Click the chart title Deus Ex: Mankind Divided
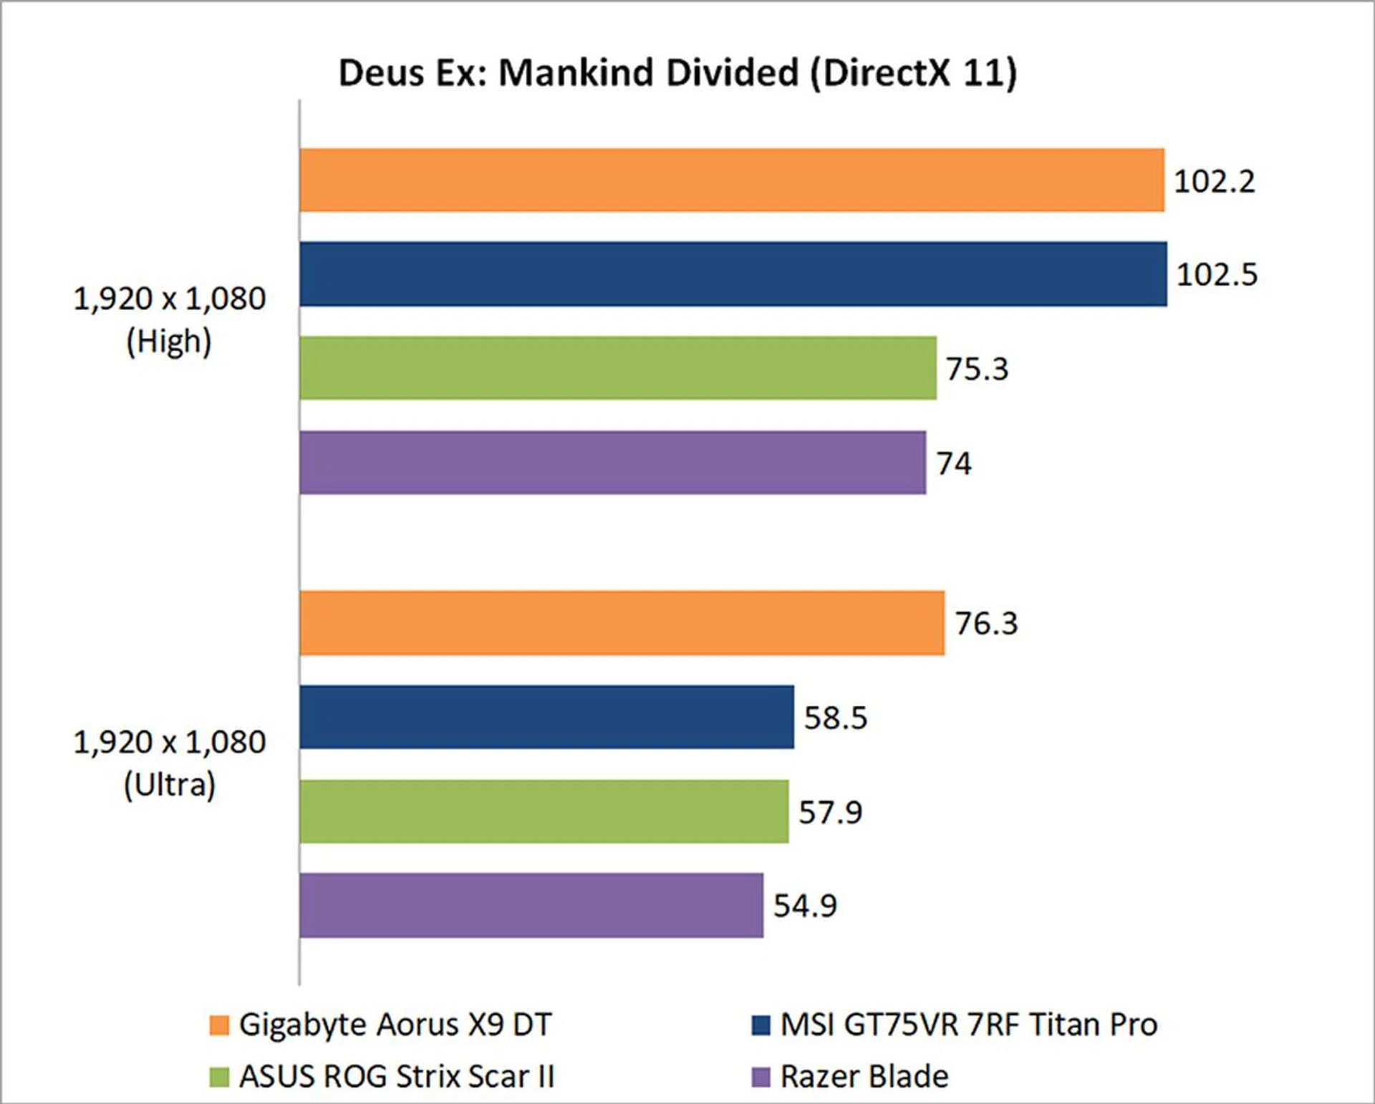[x=677, y=73]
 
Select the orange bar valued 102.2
[x=731, y=180]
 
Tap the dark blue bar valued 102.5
[x=733, y=274]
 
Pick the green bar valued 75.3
[x=617, y=368]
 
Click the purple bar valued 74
[x=612, y=463]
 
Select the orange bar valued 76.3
[x=622, y=623]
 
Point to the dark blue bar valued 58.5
[x=546, y=717]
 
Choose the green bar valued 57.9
[x=544, y=811]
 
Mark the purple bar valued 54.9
[x=531, y=905]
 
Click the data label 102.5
[x=1217, y=274]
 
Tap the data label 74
[x=954, y=463]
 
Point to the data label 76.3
[x=986, y=624]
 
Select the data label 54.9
[x=805, y=906]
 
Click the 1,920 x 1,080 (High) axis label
[x=170, y=319]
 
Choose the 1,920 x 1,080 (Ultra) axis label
[x=170, y=763]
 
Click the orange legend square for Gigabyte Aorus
[x=219, y=1025]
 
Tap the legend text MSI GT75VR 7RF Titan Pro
[x=968, y=1025]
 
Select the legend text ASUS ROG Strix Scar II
[x=397, y=1076]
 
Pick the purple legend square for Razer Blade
[x=761, y=1076]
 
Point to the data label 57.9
[x=830, y=812]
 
